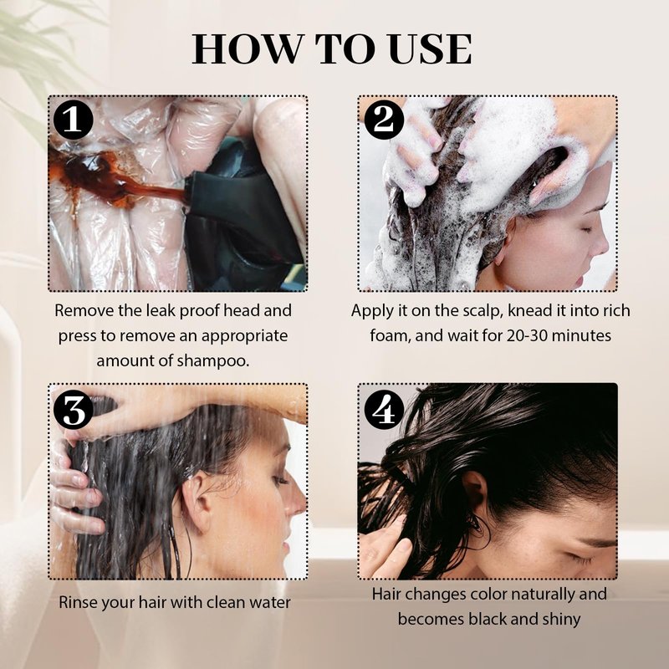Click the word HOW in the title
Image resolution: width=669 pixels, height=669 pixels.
(248, 49)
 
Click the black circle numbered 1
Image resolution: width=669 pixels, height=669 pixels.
(73, 120)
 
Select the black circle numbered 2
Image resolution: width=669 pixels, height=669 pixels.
(384, 120)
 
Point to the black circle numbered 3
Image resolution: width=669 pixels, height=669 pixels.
(73, 410)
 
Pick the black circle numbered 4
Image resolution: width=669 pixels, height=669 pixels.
(384, 410)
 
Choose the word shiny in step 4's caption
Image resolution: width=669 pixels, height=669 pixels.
(561, 619)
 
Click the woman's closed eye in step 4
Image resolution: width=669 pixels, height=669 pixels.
(577, 558)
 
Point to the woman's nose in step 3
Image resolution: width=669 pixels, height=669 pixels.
(298, 500)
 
